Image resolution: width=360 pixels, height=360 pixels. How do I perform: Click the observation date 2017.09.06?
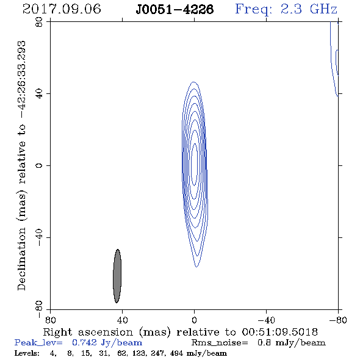(x=62, y=9)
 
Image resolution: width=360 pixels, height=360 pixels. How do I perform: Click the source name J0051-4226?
(x=175, y=10)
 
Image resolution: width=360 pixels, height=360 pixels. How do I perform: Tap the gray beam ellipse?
(x=117, y=276)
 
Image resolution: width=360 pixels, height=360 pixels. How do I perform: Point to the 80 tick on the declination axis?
(x=39, y=22)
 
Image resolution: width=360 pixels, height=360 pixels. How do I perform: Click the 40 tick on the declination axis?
(x=39, y=94)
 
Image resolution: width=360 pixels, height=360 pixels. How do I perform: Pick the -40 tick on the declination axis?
(x=39, y=237)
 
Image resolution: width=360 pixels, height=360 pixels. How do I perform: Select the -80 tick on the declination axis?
(x=39, y=309)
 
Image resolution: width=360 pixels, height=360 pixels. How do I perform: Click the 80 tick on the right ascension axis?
(x=50, y=320)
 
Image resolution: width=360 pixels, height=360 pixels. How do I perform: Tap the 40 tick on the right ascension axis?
(x=122, y=320)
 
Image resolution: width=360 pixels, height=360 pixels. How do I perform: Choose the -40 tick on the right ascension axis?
(x=266, y=320)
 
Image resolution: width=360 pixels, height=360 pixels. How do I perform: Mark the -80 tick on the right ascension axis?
(x=338, y=320)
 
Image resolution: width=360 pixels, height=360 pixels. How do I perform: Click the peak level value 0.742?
(x=84, y=342)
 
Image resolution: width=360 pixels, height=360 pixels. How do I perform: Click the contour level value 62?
(x=121, y=353)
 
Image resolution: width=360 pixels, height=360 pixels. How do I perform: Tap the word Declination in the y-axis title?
(x=21, y=259)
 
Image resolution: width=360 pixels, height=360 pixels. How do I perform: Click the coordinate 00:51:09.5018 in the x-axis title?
(x=279, y=332)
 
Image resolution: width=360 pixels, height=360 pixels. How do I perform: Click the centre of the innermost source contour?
(x=194, y=164)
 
